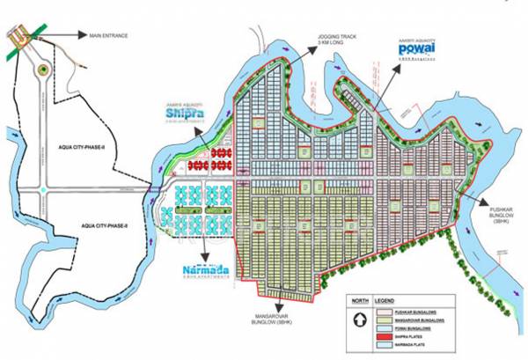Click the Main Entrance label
pyautogui.click(x=108, y=36)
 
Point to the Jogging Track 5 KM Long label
pyautogui.click(x=339, y=40)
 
